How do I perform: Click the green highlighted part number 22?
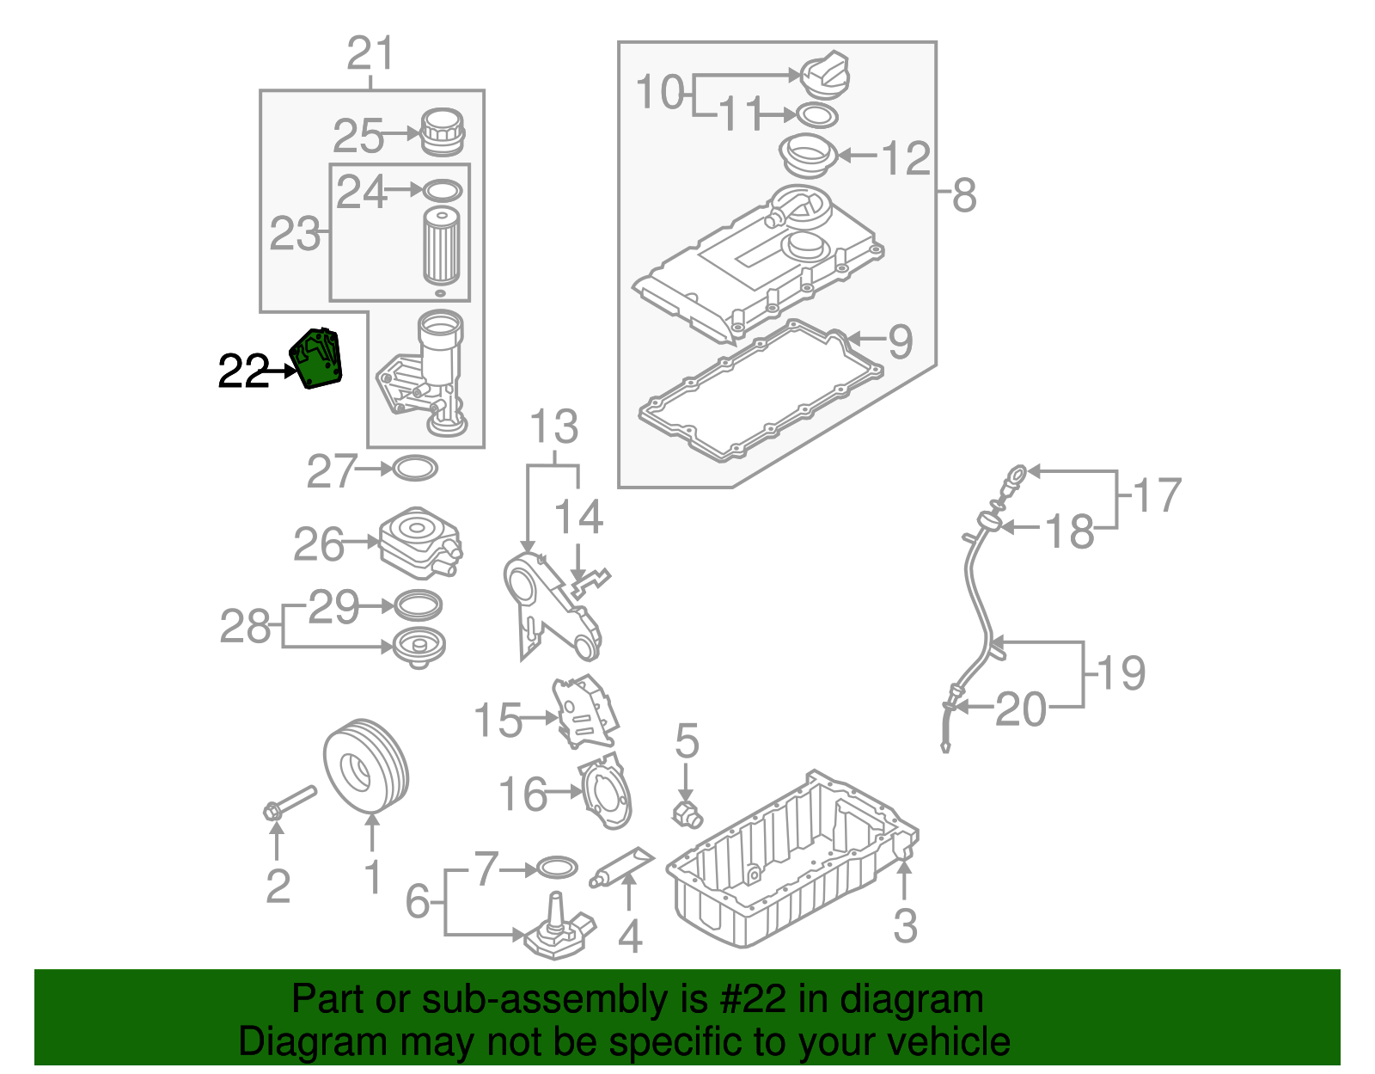pyautogui.click(x=318, y=359)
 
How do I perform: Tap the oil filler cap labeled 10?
pyautogui.click(x=824, y=75)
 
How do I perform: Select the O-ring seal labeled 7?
pyautogui.click(x=555, y=868)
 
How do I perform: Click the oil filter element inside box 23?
pyautogui.click(x=442, y=245)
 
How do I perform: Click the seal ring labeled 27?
pyautogui.click(x=415, y=469)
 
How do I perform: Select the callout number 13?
pyautogui.click(x=553, y=427)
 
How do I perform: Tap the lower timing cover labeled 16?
pyautogui.click(x=609, y=792)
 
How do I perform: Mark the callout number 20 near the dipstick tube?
pyautogui.click(x=1021, y=709)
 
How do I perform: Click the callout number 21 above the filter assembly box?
pyautogui.click(x=370, y=54)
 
